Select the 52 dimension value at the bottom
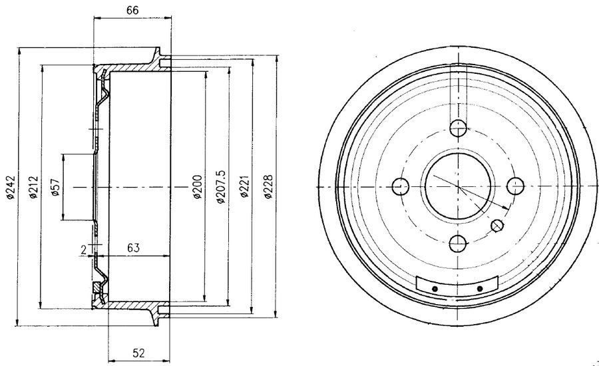click(139, 352)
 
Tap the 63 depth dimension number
click(132, 248)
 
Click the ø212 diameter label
click(32, 189)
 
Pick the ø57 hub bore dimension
click(54, 189)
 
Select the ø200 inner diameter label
click(196, 189)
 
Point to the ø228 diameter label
click(268, 189)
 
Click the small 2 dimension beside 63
click(83, 250)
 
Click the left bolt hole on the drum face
click(400, 186)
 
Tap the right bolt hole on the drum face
click(515, 186)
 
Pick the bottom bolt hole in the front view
click(458, 244)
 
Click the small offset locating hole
click(497, 226)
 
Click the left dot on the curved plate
click(435, 288)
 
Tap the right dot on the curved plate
click(480, 288)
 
